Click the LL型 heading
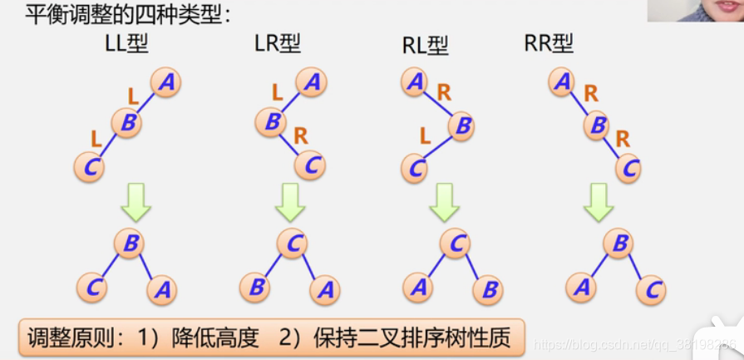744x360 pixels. click(126, 44)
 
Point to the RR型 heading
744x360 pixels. click(549, 44)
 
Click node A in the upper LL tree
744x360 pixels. click(166, 82)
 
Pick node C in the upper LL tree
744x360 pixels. click(89, 167)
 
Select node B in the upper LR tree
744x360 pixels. click(271, 122)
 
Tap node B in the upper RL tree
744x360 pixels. click(464, 126)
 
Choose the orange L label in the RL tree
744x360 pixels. click(424, 136)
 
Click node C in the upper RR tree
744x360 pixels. click(629, 167)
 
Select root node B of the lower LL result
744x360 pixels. click(131, 243)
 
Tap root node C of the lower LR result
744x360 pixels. click(292, 243)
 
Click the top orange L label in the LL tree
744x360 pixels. click(134, 96)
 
